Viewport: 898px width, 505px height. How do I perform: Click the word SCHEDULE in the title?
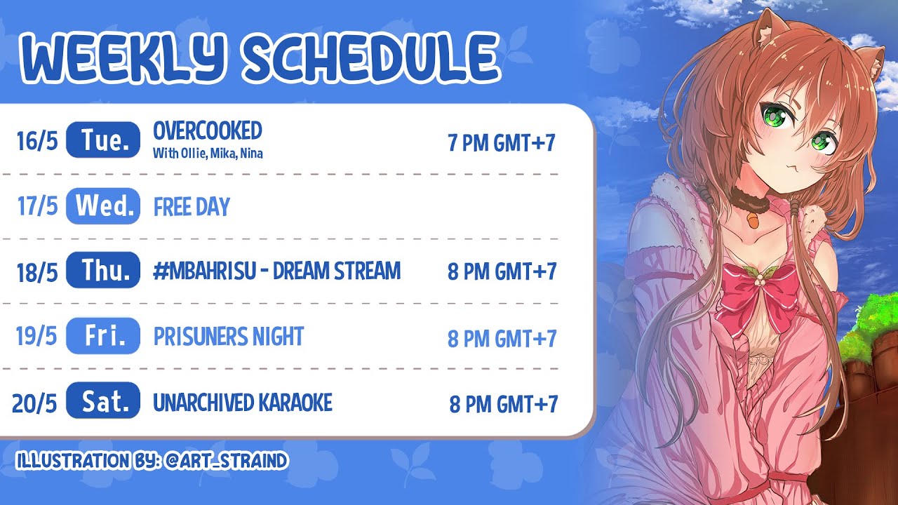tap(371, 58)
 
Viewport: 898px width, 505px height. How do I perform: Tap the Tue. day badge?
tap(103, 140)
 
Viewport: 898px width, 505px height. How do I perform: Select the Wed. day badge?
tap(103, 206)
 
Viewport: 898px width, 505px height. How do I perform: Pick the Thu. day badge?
tap(103, 270)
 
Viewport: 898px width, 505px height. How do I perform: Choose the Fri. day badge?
tap(103, 336)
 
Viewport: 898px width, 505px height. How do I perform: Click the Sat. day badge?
tap(103, 400)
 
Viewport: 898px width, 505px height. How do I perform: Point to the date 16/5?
tap(37, 141)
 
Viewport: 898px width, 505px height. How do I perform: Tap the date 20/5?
tap(34, 403)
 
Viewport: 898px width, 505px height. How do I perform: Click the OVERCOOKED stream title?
tap(208, 130)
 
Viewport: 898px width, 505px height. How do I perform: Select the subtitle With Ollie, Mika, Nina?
tap(208, 154)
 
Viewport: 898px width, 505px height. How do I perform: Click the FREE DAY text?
tap(192, 207)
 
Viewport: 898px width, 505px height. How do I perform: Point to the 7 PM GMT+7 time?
tap(502, 142)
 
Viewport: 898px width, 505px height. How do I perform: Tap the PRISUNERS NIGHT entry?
tap(229, 336)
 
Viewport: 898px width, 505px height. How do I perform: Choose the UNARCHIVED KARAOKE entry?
tap(243, 403)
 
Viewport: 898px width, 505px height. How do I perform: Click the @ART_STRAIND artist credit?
tap(226, 461)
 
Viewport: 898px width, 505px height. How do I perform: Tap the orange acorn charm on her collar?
tap(753, 220)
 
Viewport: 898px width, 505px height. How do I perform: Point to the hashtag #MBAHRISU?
tap(205, 271)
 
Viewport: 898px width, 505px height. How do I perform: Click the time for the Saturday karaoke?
tap(504, 404)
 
